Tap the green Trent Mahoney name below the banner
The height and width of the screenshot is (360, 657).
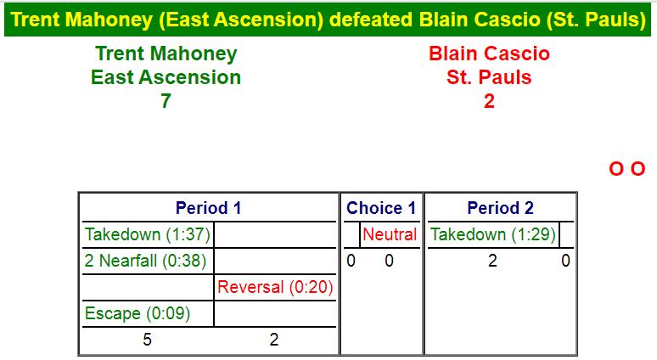pyautogui.click(x=166, y=54)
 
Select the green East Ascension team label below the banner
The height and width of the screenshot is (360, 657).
pyautogui.click(x=166, y=77)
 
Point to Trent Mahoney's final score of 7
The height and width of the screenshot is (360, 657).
pyautogui.click(x=166, y=101)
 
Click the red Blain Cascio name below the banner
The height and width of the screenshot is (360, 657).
pyautogui.click(x=489, y=53)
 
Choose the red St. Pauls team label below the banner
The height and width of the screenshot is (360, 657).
pyautogui.click(x=489, y=77)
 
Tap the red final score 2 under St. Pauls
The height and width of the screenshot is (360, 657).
pyautogui.click(x=489, y=101)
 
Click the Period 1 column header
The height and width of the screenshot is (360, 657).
pyautogui.click(x=208, y=208)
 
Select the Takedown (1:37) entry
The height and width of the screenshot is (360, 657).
pyautogui.click(x=147, y=234)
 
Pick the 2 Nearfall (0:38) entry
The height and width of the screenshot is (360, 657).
pyautogui.click(x=145, y=261)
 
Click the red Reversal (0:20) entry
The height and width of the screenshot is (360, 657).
pyautogui.click(x=275, y=287)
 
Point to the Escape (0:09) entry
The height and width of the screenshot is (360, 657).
pyautogui.click(x=138, y=313)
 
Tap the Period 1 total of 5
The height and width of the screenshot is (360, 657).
pyautogui.click(x=147, y=340)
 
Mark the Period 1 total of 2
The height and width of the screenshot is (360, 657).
pyautogui.click(x=274, y=340)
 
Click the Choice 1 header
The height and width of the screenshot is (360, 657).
pyautogui.click(x=381, y=208)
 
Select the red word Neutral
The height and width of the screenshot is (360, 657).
pyautogui.click(x=390, y=234)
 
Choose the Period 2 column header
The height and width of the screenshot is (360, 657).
pyautogui.click(x=500, y=208)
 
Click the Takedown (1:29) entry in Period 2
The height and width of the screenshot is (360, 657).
pyautogui.click(x=492, y=234)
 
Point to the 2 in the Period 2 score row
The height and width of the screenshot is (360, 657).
pyautogui.click(x=492, y=261)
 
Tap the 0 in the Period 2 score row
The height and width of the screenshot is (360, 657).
pyautogui.click(x=565, y=261)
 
